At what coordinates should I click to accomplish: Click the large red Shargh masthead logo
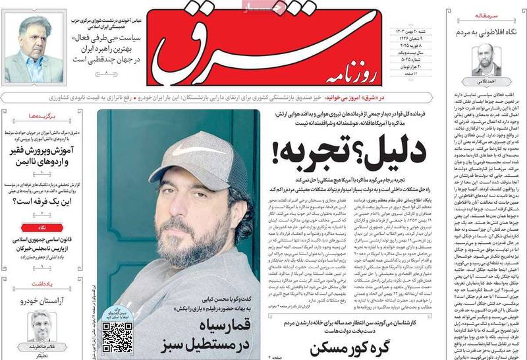(277, 46)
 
